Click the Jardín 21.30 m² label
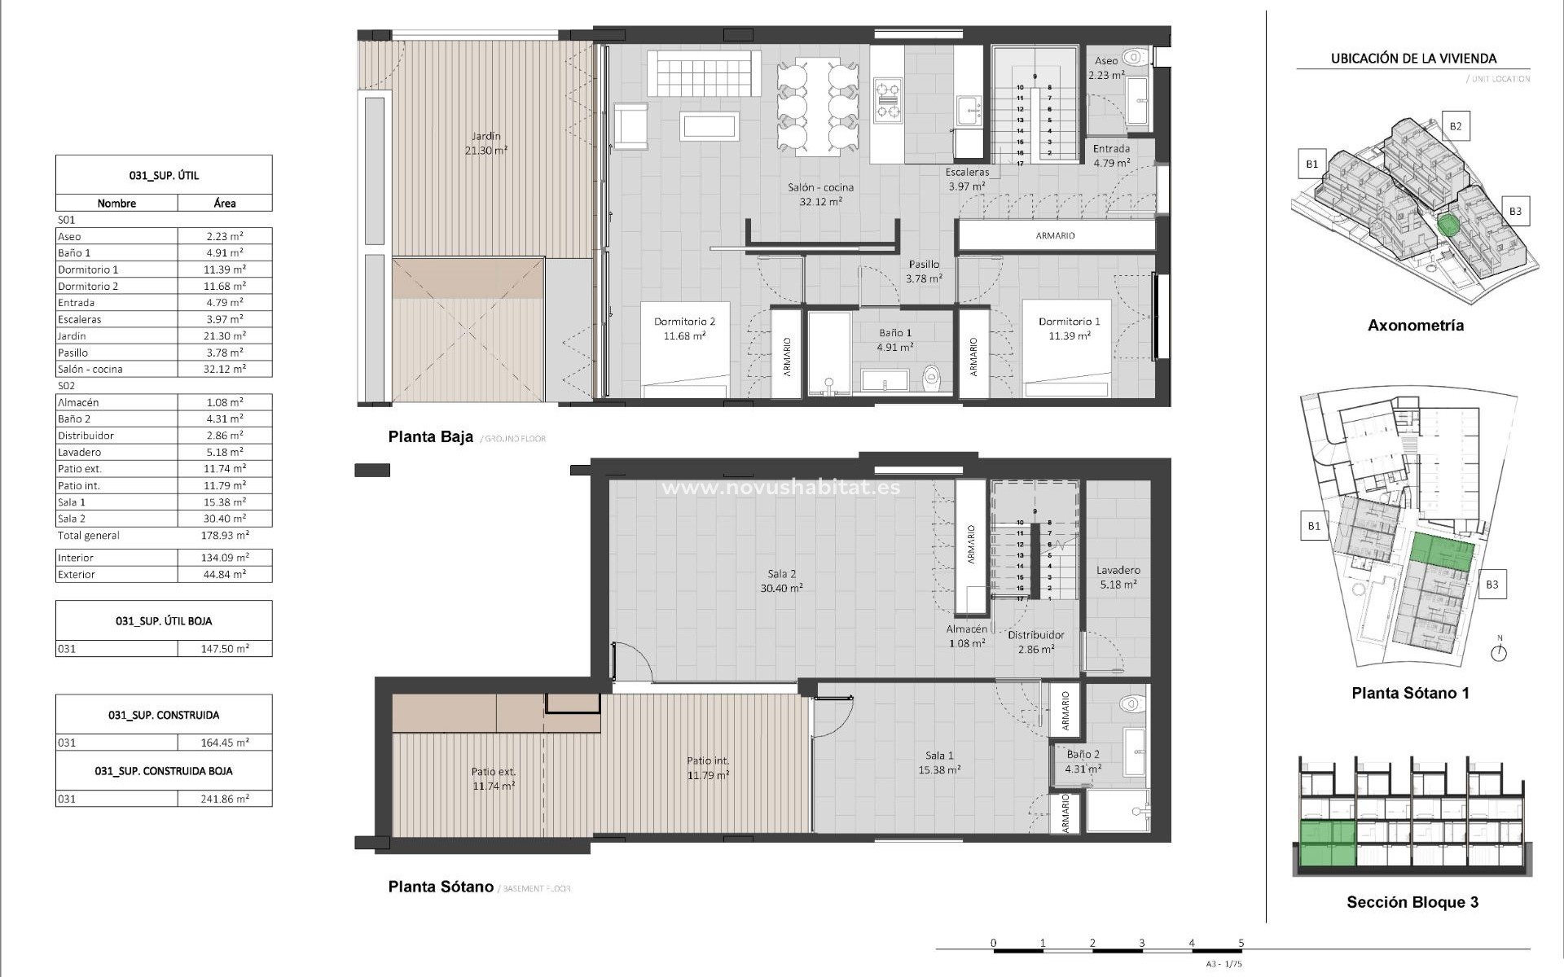485,143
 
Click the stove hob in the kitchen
887,99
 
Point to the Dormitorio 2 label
684,322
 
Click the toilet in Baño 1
932,376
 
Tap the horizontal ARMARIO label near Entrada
1055,235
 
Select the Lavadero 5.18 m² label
1118,577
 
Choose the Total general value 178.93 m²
225,535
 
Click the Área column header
225,204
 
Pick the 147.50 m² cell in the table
225,649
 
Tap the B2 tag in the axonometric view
1455,126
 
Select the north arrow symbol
1499,651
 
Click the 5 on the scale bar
1241,943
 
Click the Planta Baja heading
430,437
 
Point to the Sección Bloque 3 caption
1412,902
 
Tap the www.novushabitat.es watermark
780,488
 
